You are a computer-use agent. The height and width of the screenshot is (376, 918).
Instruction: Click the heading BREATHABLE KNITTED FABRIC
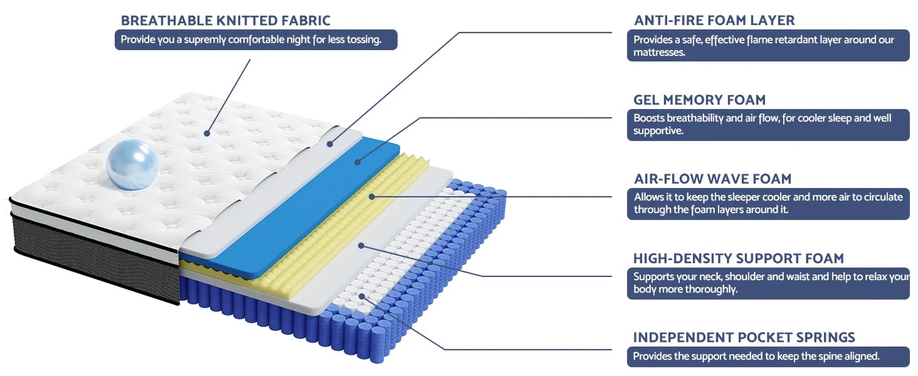[226, 20]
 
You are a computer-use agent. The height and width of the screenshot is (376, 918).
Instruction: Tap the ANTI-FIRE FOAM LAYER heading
[714, 20]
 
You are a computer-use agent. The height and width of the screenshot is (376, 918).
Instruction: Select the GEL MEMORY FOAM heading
[699, 100]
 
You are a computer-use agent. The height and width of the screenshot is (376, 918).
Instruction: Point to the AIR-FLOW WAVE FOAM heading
[713, 178]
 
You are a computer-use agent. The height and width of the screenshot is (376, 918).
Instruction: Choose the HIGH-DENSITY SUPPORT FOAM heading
[738, 258]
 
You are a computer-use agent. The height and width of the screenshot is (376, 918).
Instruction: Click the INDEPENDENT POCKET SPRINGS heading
[744, 337]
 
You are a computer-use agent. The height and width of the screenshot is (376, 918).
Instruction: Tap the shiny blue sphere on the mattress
[132, 164]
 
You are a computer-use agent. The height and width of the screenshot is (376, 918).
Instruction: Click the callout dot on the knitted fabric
[207, 133]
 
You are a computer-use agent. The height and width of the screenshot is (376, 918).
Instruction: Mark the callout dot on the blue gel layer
[358, 162]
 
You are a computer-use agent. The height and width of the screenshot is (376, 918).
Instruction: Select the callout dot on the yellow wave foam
[372, 197]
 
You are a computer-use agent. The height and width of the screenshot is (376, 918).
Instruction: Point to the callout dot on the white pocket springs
[361, 296]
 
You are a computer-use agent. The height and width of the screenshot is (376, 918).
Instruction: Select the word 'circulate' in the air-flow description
[882, 197]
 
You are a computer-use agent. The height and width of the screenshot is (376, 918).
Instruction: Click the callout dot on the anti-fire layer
[330, 144]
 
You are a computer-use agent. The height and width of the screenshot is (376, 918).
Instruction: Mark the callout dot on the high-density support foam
[361, 246]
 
